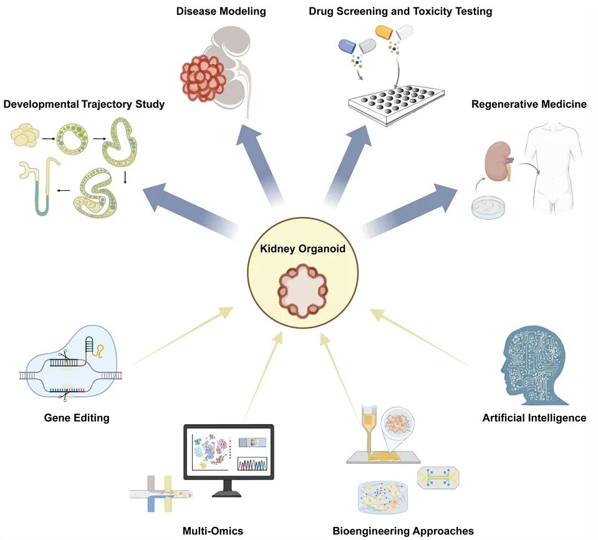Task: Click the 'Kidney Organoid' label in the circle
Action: (x=302, y=249)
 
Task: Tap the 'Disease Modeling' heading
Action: (x=221, y=11)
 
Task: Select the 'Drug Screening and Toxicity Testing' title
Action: (x=400, y=11)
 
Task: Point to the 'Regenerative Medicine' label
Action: (x=529, y=104)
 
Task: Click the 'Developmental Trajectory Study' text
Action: (x=84, y=104)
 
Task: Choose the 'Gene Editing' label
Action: (x=77, y=418)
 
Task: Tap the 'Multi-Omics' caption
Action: (x=213, y=531)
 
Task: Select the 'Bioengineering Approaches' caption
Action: (x=403, y=531)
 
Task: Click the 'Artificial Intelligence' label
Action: (x=534, y=418)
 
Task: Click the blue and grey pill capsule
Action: (x=357, y=46)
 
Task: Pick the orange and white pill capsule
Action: (x=394, y=32)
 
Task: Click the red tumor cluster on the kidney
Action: (x=203, y=78)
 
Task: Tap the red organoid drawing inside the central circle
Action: (x=303, y=291)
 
